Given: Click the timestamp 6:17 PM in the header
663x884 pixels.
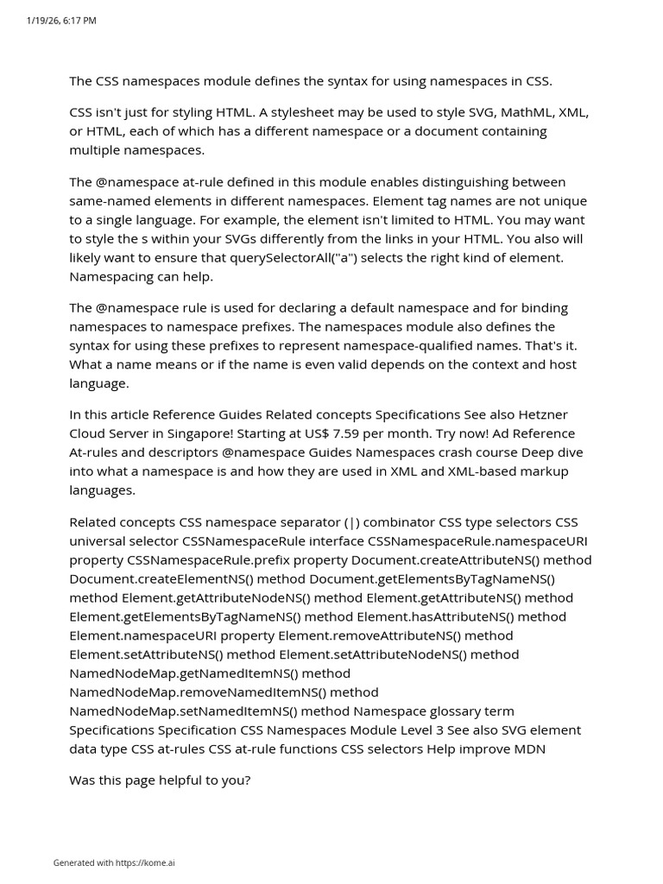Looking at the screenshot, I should click(79, 21).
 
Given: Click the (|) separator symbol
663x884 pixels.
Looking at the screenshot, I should click(353, 522).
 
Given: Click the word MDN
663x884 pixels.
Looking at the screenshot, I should click(529, 748).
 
